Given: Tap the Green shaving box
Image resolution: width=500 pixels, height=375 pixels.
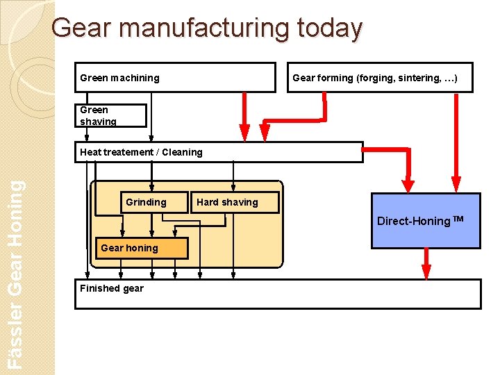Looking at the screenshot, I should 110,115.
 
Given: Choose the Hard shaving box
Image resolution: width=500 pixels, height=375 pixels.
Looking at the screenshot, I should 233,202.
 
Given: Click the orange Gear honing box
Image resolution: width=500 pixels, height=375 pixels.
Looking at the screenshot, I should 141,248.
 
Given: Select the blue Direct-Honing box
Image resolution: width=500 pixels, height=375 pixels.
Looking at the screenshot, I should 426,221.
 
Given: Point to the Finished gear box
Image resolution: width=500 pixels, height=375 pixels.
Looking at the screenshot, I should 278,294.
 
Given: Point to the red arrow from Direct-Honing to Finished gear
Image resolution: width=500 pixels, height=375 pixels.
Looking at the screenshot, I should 426,264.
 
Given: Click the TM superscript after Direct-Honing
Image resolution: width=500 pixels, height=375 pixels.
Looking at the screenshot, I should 458,219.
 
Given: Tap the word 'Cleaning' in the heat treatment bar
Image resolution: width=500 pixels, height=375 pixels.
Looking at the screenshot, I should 181,152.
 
